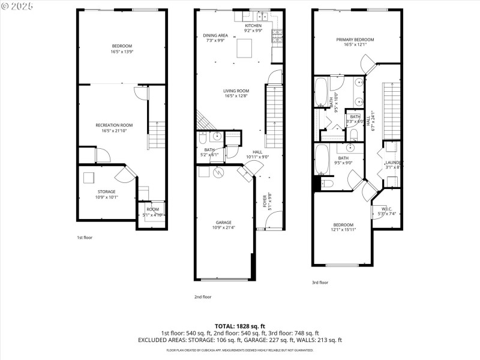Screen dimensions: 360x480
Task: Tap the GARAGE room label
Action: pos(224,222)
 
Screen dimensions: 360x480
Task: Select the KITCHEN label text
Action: pos(253,26)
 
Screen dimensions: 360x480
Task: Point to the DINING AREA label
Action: pos(214,35)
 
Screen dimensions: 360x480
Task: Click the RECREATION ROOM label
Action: pos(113,125)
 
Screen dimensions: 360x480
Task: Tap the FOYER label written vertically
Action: pos(264,199)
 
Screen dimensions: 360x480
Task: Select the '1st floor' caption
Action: pos(85,238)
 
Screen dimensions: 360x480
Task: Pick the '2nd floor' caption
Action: pos(203,296)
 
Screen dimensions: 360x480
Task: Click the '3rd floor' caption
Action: pos(320,282)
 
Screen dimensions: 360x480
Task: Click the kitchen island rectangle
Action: pos(245,47)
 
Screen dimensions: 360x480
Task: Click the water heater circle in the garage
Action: pos(218,172)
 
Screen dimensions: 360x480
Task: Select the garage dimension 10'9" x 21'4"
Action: pos(224,227)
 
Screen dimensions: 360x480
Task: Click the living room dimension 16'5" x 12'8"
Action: pos(236,96)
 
